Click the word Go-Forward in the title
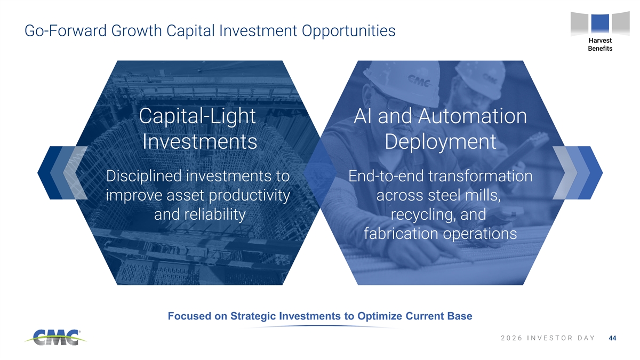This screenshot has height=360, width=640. tap(66, 30)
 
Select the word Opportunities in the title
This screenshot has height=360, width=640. tap(349, 31)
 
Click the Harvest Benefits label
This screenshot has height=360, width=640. tap(600, 44)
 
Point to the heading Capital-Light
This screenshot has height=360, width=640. tap(197, 116)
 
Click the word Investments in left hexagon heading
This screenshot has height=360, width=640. tap(199, 141)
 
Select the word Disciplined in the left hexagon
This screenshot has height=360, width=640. tap(143, 175)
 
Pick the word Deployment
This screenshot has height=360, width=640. tap(441, 142)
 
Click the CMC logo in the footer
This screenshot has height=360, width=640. tap(55, 338)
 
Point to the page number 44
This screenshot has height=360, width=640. tap(613, 338)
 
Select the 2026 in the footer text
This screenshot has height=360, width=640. tap(511, 338)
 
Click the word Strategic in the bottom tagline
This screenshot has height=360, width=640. tap(253, 316)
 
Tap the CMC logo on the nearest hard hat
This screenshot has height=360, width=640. tap(419, 81)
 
